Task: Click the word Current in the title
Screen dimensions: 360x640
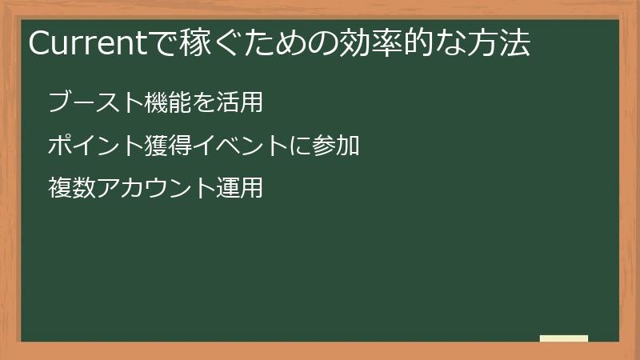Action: (x=82, y=44)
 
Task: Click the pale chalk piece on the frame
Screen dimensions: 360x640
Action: (x=564, y=338)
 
